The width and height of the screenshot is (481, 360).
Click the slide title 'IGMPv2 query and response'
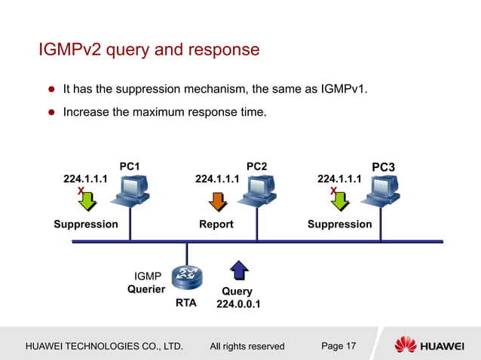(149, 50)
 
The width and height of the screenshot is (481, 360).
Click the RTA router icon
(185, 278)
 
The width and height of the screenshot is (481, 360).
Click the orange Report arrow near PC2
(218, 200)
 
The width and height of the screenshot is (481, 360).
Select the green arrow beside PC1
(87, 200)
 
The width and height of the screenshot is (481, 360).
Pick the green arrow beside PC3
(340, 200)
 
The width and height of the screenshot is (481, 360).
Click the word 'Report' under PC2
(216, 224)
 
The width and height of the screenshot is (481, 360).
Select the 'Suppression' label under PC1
(86, 224)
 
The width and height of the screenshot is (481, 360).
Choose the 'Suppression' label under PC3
(339, 224)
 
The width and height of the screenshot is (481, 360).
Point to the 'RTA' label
(186, 303)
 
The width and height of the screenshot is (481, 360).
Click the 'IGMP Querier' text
(146, 282)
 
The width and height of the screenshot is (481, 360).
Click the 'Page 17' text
(339, 346)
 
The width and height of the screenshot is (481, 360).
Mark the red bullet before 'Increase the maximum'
(53, 113)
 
